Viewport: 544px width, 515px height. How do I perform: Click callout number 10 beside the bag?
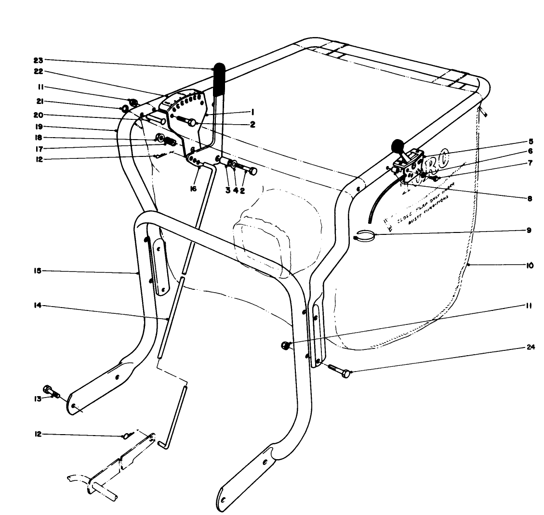[x=529, y=265]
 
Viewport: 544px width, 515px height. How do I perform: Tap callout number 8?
[x=529, y=198]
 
